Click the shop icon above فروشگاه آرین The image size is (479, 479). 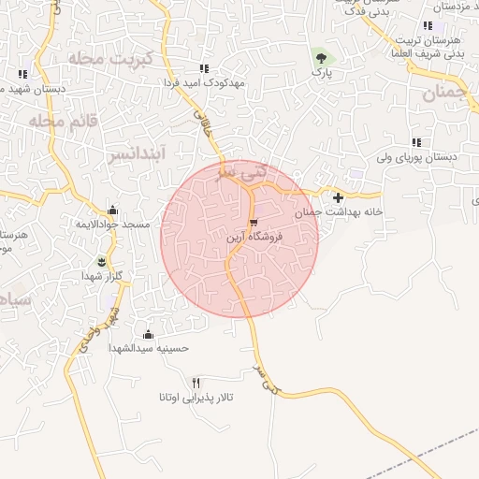[254, 222]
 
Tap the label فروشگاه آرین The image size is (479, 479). [251, 239]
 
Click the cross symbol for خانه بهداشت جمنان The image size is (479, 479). [338, 196]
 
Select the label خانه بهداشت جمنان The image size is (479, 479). [340, 212]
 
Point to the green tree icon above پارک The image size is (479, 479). [322, 55]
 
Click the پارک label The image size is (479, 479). [322, 71]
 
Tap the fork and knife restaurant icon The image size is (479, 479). [196, 382]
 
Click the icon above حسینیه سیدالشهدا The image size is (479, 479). [148, 333]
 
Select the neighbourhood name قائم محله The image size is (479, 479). [59, 122]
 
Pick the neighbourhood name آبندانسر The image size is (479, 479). [137, 151]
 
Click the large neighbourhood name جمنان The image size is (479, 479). [443, 93]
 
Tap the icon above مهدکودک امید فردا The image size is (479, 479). [204, 68]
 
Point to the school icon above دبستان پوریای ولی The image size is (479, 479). [416, 142]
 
